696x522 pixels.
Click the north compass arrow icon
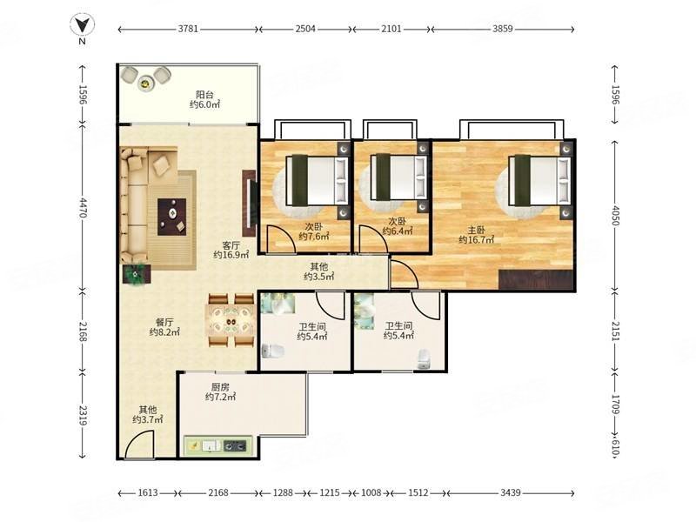pyautogui.click(x=83, y=24)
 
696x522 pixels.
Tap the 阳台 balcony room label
pyautogui.click(x=205, y=95)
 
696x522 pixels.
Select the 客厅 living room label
pyautogui.click(x=231, y=245)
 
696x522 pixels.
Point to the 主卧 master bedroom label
pyautogui.click(x=476, y=231)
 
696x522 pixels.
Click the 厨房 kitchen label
pyautogui.click(x=220, y=387)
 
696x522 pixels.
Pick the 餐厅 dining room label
pyautogui.click(x=164, y=322)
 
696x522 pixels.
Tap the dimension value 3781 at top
pyautogui.click(x=188, y=29)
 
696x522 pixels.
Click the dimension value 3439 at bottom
pyautogui.click(x=511, y=492)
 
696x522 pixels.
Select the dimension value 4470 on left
pyautogui.click(x=83, y=208)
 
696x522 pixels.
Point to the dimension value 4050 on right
pyautogui.click(x=616, y=215)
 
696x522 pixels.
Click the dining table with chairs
pyautogui.click(x=231, y=320)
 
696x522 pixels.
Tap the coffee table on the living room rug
pyautogui.click(x=172, y=217)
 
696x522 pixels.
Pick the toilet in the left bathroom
pyautogui.click(x=273, y=351)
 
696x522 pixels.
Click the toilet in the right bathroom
pyautogui.click(x=424, y=359)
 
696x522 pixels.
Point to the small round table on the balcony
pyautogui.click(x=145, y=83)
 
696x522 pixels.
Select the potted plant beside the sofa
pyautogui.click(x=136, y=274)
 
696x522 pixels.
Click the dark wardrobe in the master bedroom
pyautogui.click(x=536, y=279)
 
